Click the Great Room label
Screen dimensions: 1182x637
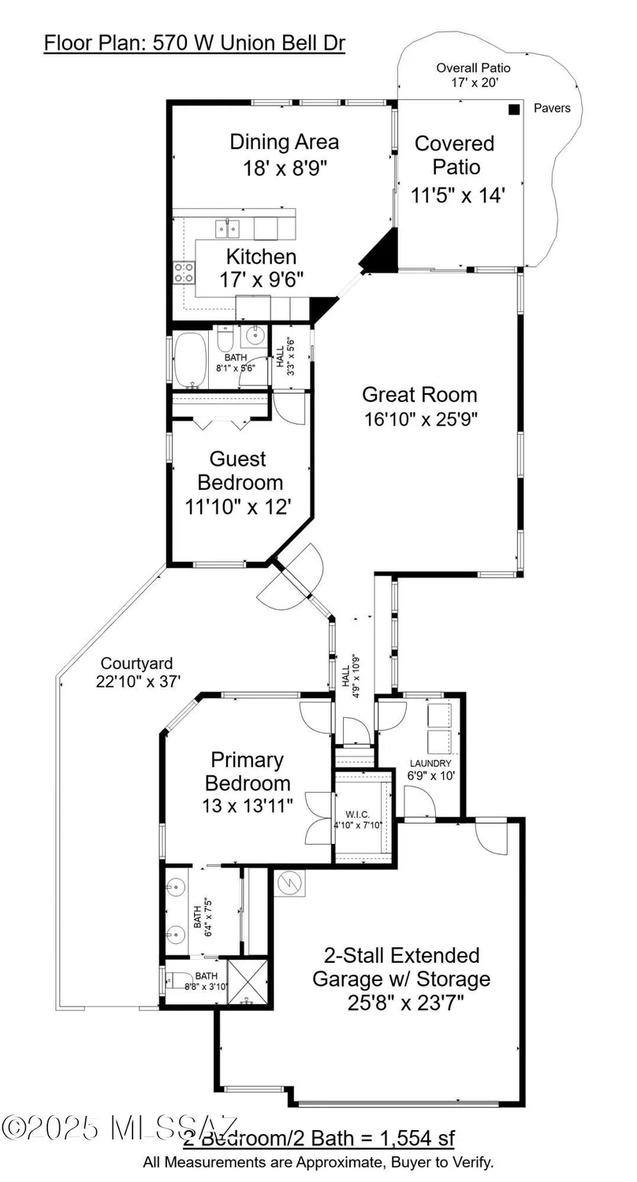point(419,394)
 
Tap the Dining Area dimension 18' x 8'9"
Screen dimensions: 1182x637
point(285,167)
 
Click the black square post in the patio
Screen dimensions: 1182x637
point(514,110)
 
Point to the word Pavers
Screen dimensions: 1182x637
point(552,108)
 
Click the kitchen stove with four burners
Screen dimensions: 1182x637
point(184,273)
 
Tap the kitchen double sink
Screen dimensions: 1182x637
point(229,229)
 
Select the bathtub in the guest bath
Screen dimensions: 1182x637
point(190,361)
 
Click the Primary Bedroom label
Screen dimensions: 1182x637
point(248,771)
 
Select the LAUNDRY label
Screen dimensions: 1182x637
point(430,764)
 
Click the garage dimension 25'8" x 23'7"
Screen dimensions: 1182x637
point(401,1003)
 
